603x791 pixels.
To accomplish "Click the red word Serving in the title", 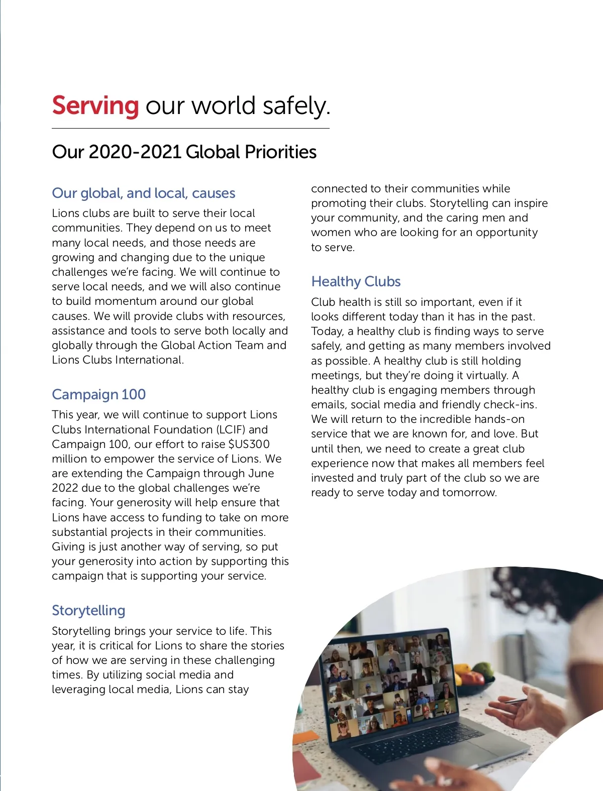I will click(x=95, y=106).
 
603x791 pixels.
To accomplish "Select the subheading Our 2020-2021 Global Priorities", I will click(x=184, y=152).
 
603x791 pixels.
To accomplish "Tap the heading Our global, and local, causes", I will click(x=143, y=193).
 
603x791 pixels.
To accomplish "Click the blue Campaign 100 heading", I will click(x=98, y=394).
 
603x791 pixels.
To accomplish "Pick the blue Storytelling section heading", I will click(x=88, y=610).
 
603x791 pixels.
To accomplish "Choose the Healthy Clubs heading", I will click(x=356, y=281).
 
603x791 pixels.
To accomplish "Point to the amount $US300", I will click(x=249, y=444).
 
